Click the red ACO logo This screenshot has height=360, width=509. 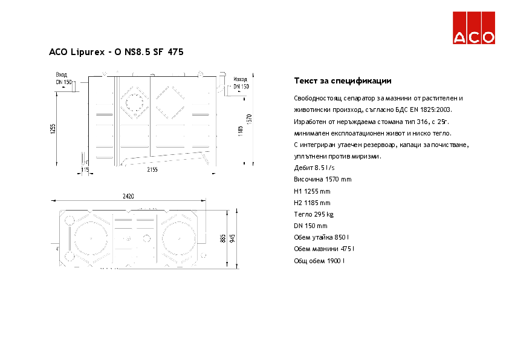475,28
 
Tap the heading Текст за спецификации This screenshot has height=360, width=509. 343,80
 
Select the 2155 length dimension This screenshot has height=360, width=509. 152,170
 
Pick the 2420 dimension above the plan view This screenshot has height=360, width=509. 128,196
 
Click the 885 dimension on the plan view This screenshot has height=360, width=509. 223,238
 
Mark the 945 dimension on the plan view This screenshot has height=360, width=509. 232,238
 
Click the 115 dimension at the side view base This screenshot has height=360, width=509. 85,170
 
